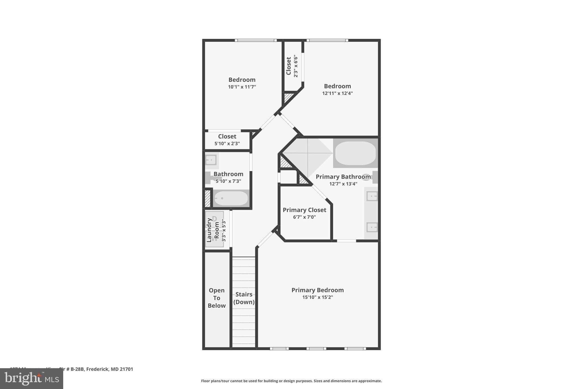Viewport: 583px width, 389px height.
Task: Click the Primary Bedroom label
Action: point(317,290)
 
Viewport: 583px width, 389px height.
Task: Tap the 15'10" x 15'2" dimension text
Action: point(317,297)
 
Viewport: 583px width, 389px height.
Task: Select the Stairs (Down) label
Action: point(244,298)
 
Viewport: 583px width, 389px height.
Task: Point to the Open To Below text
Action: point(217,298)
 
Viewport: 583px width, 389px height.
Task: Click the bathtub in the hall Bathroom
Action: point(231,198)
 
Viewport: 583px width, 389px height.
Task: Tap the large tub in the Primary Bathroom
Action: point(355,153)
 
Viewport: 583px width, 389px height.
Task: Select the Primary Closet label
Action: point(304,210)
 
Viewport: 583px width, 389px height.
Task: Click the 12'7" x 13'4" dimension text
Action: point(343,184)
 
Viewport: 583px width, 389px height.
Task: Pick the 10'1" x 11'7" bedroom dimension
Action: point(242,87)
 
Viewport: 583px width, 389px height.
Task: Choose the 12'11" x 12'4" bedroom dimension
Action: point(337,93)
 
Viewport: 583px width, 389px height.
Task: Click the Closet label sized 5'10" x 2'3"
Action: point(227,137)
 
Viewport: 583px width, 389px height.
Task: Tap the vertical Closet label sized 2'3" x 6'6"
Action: point(289,66)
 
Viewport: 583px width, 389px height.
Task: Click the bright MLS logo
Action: point(32,379)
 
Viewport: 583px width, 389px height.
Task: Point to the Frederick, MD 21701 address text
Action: point(110,369)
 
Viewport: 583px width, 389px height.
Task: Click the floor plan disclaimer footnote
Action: point(291,381)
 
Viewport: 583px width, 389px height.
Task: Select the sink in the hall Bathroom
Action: point(211,160)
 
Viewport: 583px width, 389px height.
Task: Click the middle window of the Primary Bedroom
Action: point(316,348)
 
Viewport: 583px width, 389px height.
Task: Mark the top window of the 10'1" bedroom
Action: point(256,40)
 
